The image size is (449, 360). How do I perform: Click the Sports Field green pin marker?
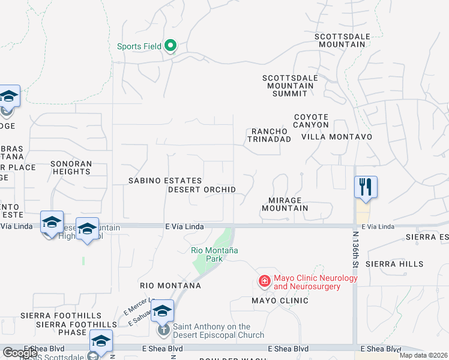click(x=170, y=46)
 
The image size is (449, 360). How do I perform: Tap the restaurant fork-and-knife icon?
click(x=366, y=187)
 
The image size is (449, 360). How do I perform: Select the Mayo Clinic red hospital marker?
click(x=264, y=281)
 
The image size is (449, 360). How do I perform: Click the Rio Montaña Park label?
click(x=214, y=254)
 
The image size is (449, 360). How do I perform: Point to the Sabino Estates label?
click(x=166, y=180)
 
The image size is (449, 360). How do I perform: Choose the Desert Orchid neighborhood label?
click(x=202, y=190)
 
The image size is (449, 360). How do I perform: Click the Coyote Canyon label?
click(x=311, y=121)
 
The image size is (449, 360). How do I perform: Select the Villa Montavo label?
click(x=337, y=137)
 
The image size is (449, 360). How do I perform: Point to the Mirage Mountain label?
click(x=285, y=204)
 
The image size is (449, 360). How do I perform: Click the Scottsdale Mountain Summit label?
click(x=288, y=86)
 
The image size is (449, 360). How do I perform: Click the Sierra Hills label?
click(x=394, y=264)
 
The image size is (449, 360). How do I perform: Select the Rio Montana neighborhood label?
click(x=170, y=286)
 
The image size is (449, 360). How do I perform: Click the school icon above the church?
click(x=162, y=311)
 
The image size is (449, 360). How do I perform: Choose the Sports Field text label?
click(x=140, y=46)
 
